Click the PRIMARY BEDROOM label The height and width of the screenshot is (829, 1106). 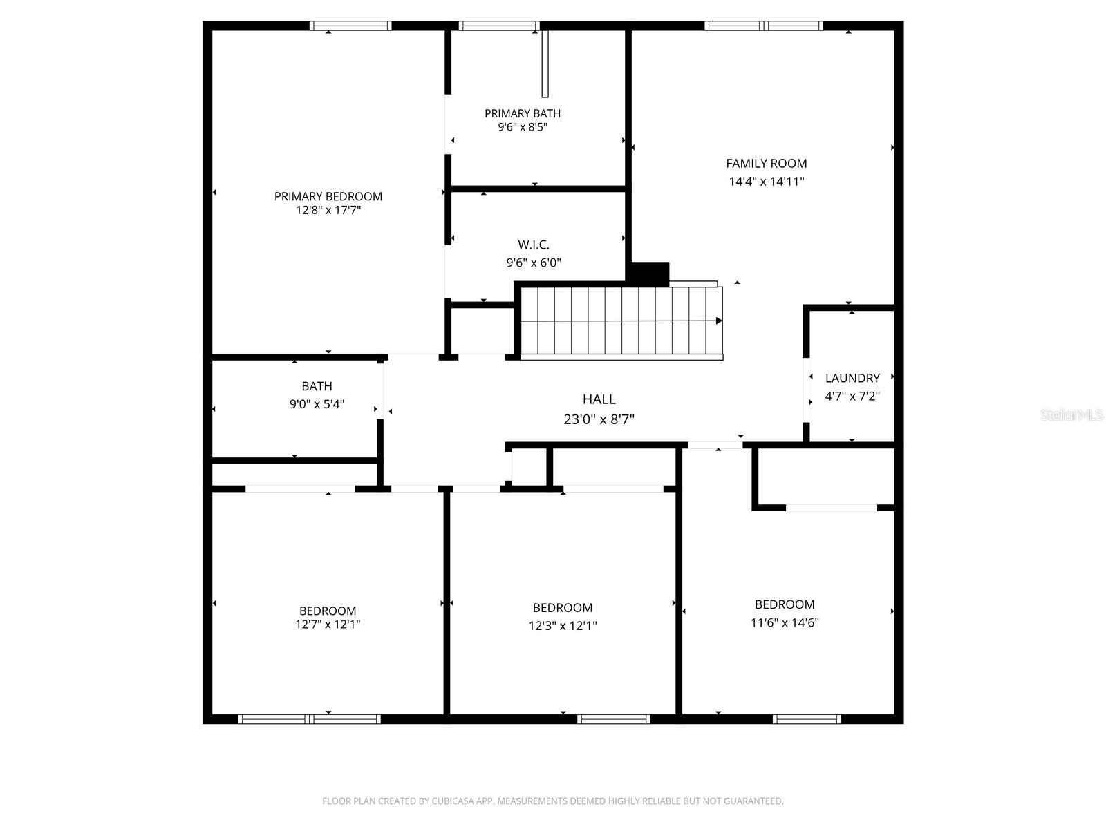coord(328,196)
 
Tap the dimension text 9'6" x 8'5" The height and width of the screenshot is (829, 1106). coord(523,127)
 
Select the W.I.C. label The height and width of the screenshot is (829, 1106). coord(534,245)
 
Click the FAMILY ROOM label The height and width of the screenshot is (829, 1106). coord(766,164)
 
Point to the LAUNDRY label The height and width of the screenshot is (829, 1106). coord(852,378)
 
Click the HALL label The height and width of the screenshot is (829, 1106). coord(599,399)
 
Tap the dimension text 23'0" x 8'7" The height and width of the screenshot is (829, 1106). coord(599,419)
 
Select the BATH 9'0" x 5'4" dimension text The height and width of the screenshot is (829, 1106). coord(317,404)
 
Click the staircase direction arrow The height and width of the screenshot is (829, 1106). coord(718,321)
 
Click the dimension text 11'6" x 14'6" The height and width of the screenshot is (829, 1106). coord(785,622)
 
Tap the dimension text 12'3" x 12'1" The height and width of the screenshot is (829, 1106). coord(562,626)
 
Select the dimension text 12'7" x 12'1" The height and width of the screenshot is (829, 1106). coord(328,625)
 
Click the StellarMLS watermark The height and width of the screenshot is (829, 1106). coord(1071,415)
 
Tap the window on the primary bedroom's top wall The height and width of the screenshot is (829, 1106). coord(350,26)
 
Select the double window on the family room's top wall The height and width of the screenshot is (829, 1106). coord(764,26)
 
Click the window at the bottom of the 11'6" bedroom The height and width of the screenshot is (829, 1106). coord(807,719)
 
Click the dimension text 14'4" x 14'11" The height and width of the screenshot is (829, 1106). coord(766,182)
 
